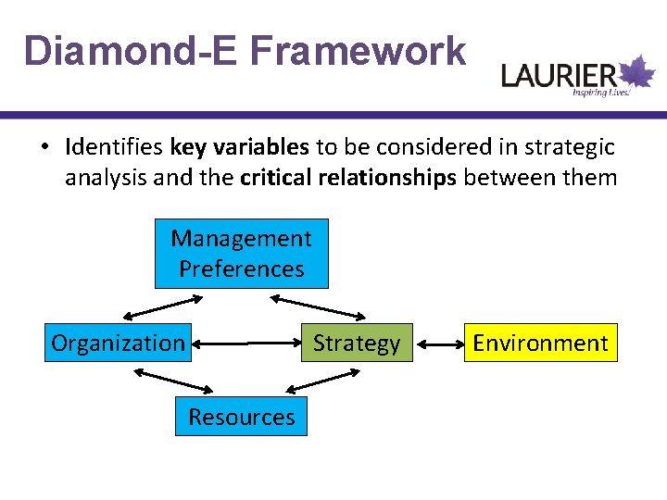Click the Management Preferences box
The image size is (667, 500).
241,254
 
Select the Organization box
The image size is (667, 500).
119,344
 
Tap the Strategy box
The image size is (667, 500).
356,344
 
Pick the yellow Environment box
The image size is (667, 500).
540,344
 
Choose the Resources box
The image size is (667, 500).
241,417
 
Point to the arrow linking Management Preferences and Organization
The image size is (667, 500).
163,306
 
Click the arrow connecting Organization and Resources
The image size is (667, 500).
174,380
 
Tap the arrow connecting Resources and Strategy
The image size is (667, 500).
315,380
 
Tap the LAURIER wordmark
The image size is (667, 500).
558,74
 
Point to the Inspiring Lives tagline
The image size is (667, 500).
600,93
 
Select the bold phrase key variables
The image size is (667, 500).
240,147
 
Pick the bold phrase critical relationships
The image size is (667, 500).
347,177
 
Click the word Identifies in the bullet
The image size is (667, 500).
115,147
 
